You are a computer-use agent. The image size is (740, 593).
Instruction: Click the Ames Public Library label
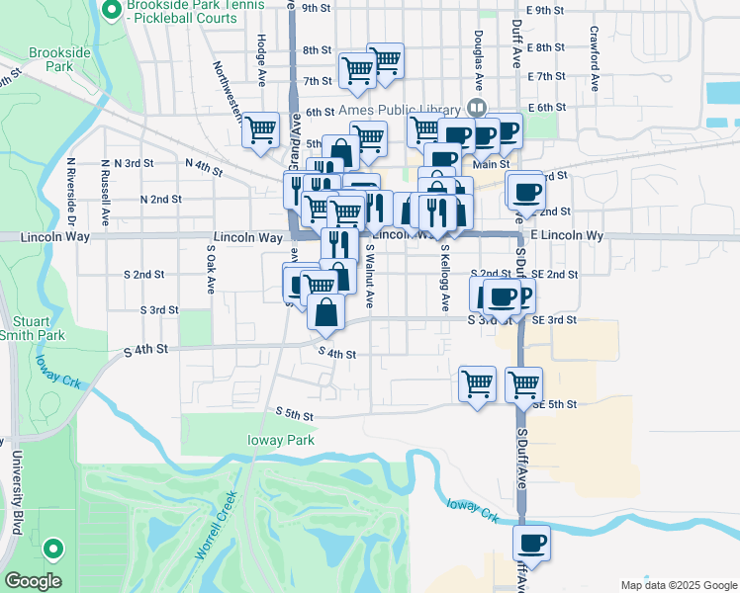(x=399, y=109)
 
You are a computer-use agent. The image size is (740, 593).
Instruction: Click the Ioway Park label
(x=282, y=440)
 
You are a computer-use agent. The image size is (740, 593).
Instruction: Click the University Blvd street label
(x=17, y=493)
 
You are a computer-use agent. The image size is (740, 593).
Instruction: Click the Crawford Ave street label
(x=596, y=46)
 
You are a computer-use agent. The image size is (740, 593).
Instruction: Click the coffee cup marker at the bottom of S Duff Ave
(x=532, y=543)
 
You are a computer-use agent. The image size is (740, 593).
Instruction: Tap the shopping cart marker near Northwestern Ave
(x=261, y=131)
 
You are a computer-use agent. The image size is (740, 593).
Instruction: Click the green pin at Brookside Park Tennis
(x=111, y=12)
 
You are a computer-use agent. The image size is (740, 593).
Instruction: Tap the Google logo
(x=33, y=581)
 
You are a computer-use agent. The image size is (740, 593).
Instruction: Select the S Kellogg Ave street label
(x=445, y=278)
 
